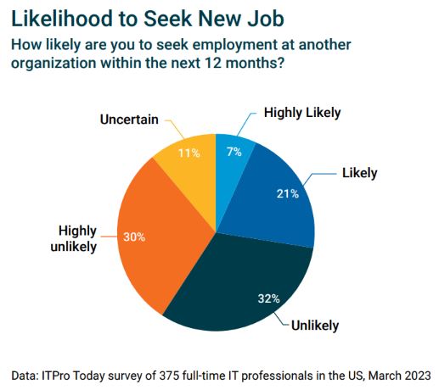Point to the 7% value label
coord(234,151)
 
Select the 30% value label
coord(133,237)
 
